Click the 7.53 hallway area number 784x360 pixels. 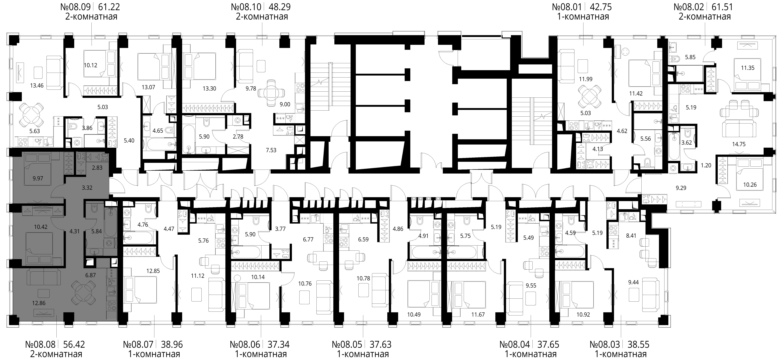[271, 150]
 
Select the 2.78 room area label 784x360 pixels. [238, 137]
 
